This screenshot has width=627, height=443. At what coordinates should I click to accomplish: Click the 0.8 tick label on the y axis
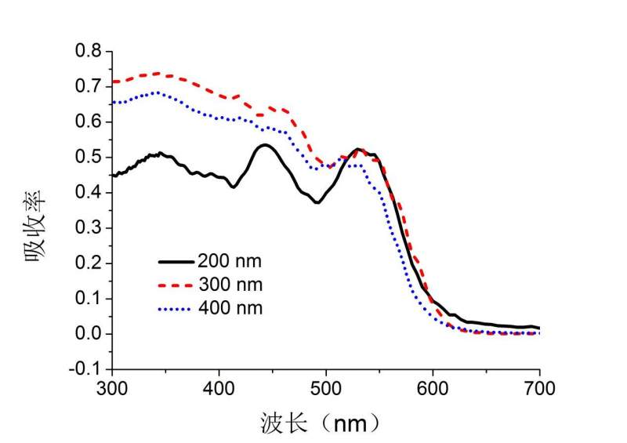click(89, 51)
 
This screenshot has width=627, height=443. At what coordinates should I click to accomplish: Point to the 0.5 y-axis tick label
click(89, 157)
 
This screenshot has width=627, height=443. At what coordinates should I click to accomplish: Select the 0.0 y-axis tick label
click(89, 334)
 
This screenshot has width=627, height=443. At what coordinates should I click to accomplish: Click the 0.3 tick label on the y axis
click(89, 228)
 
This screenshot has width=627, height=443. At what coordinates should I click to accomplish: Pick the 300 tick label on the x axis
click(112, 387)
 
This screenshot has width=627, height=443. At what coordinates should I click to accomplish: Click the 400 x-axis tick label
click(219, 387)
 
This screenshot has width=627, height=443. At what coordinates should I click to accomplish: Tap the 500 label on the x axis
click(326, 387)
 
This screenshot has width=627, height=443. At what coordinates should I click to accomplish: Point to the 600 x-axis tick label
click(433, 387)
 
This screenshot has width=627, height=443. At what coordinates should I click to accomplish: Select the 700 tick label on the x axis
click(539, 387)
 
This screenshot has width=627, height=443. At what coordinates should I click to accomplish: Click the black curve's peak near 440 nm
click(264, 145)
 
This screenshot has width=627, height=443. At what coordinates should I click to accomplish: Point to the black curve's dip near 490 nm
click(317, 202)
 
